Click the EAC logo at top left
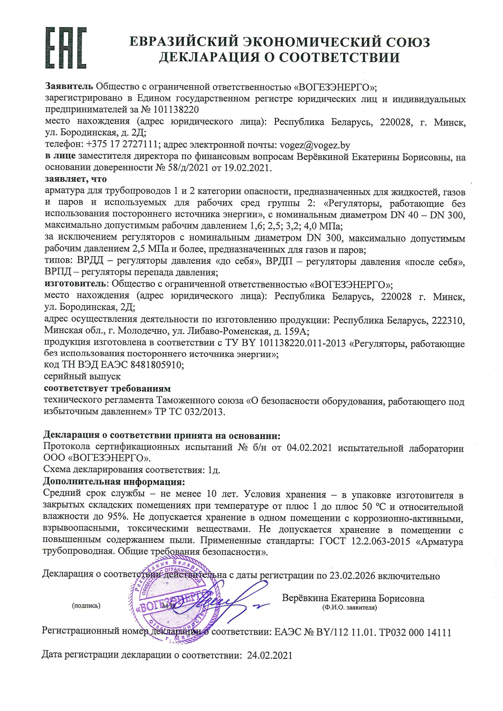(x=66, y=47)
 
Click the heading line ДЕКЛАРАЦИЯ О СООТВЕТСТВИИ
(x=279, y=57)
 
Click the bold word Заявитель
(x=69, y=87)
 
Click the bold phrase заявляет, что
(x=76, y=179)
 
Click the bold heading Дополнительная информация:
(x=114, y=482)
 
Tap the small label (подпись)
(x=86, y=606)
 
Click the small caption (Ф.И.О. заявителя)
(x=349, y=608)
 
